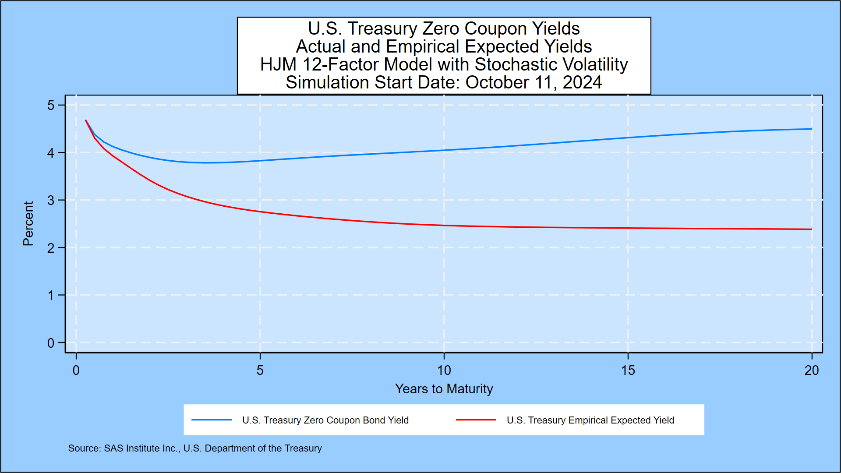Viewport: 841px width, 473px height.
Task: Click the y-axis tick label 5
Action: tap(51, 106)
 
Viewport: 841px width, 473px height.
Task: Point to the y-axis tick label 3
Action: tap(51, 201)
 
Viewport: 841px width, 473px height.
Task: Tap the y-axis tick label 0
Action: tap(51, 343)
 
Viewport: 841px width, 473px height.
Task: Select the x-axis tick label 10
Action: tap(444, 371)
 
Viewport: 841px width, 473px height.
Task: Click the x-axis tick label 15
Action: tap(628, 371)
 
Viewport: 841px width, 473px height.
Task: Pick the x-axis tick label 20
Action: tap(811, 371)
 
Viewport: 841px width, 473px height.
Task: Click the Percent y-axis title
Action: tap(28, 223)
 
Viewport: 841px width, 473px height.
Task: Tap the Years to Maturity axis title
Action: tap(444, 389)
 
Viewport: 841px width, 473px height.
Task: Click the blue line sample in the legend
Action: tap(212, 420)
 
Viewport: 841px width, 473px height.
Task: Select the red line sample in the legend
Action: tap(476, 420)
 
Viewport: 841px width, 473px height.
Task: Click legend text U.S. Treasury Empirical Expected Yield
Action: tap(590, 420)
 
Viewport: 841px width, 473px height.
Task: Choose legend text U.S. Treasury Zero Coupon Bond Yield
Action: tap(325, 420)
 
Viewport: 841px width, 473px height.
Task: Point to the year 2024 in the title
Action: tap(582, 83)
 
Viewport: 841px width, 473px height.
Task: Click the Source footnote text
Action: tap(195, 448)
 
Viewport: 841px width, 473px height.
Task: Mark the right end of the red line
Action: tap(811, 229)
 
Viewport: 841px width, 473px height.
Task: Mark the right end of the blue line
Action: tap(811, 129)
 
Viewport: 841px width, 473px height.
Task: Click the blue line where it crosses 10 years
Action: tap(444, 150)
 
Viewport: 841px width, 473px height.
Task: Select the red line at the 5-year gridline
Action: tap(260, 212)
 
